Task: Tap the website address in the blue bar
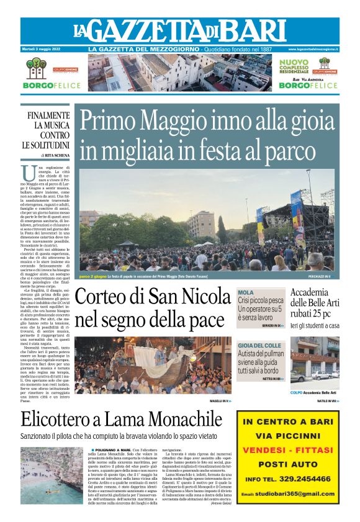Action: tap(313, 49)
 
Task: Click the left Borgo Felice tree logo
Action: tap(35, 68)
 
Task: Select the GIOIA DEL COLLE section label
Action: tap(260, 345)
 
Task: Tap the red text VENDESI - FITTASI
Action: tap(288, 449)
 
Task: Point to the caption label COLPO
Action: tap(314, 392)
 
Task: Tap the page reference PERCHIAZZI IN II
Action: tap(323, 276)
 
